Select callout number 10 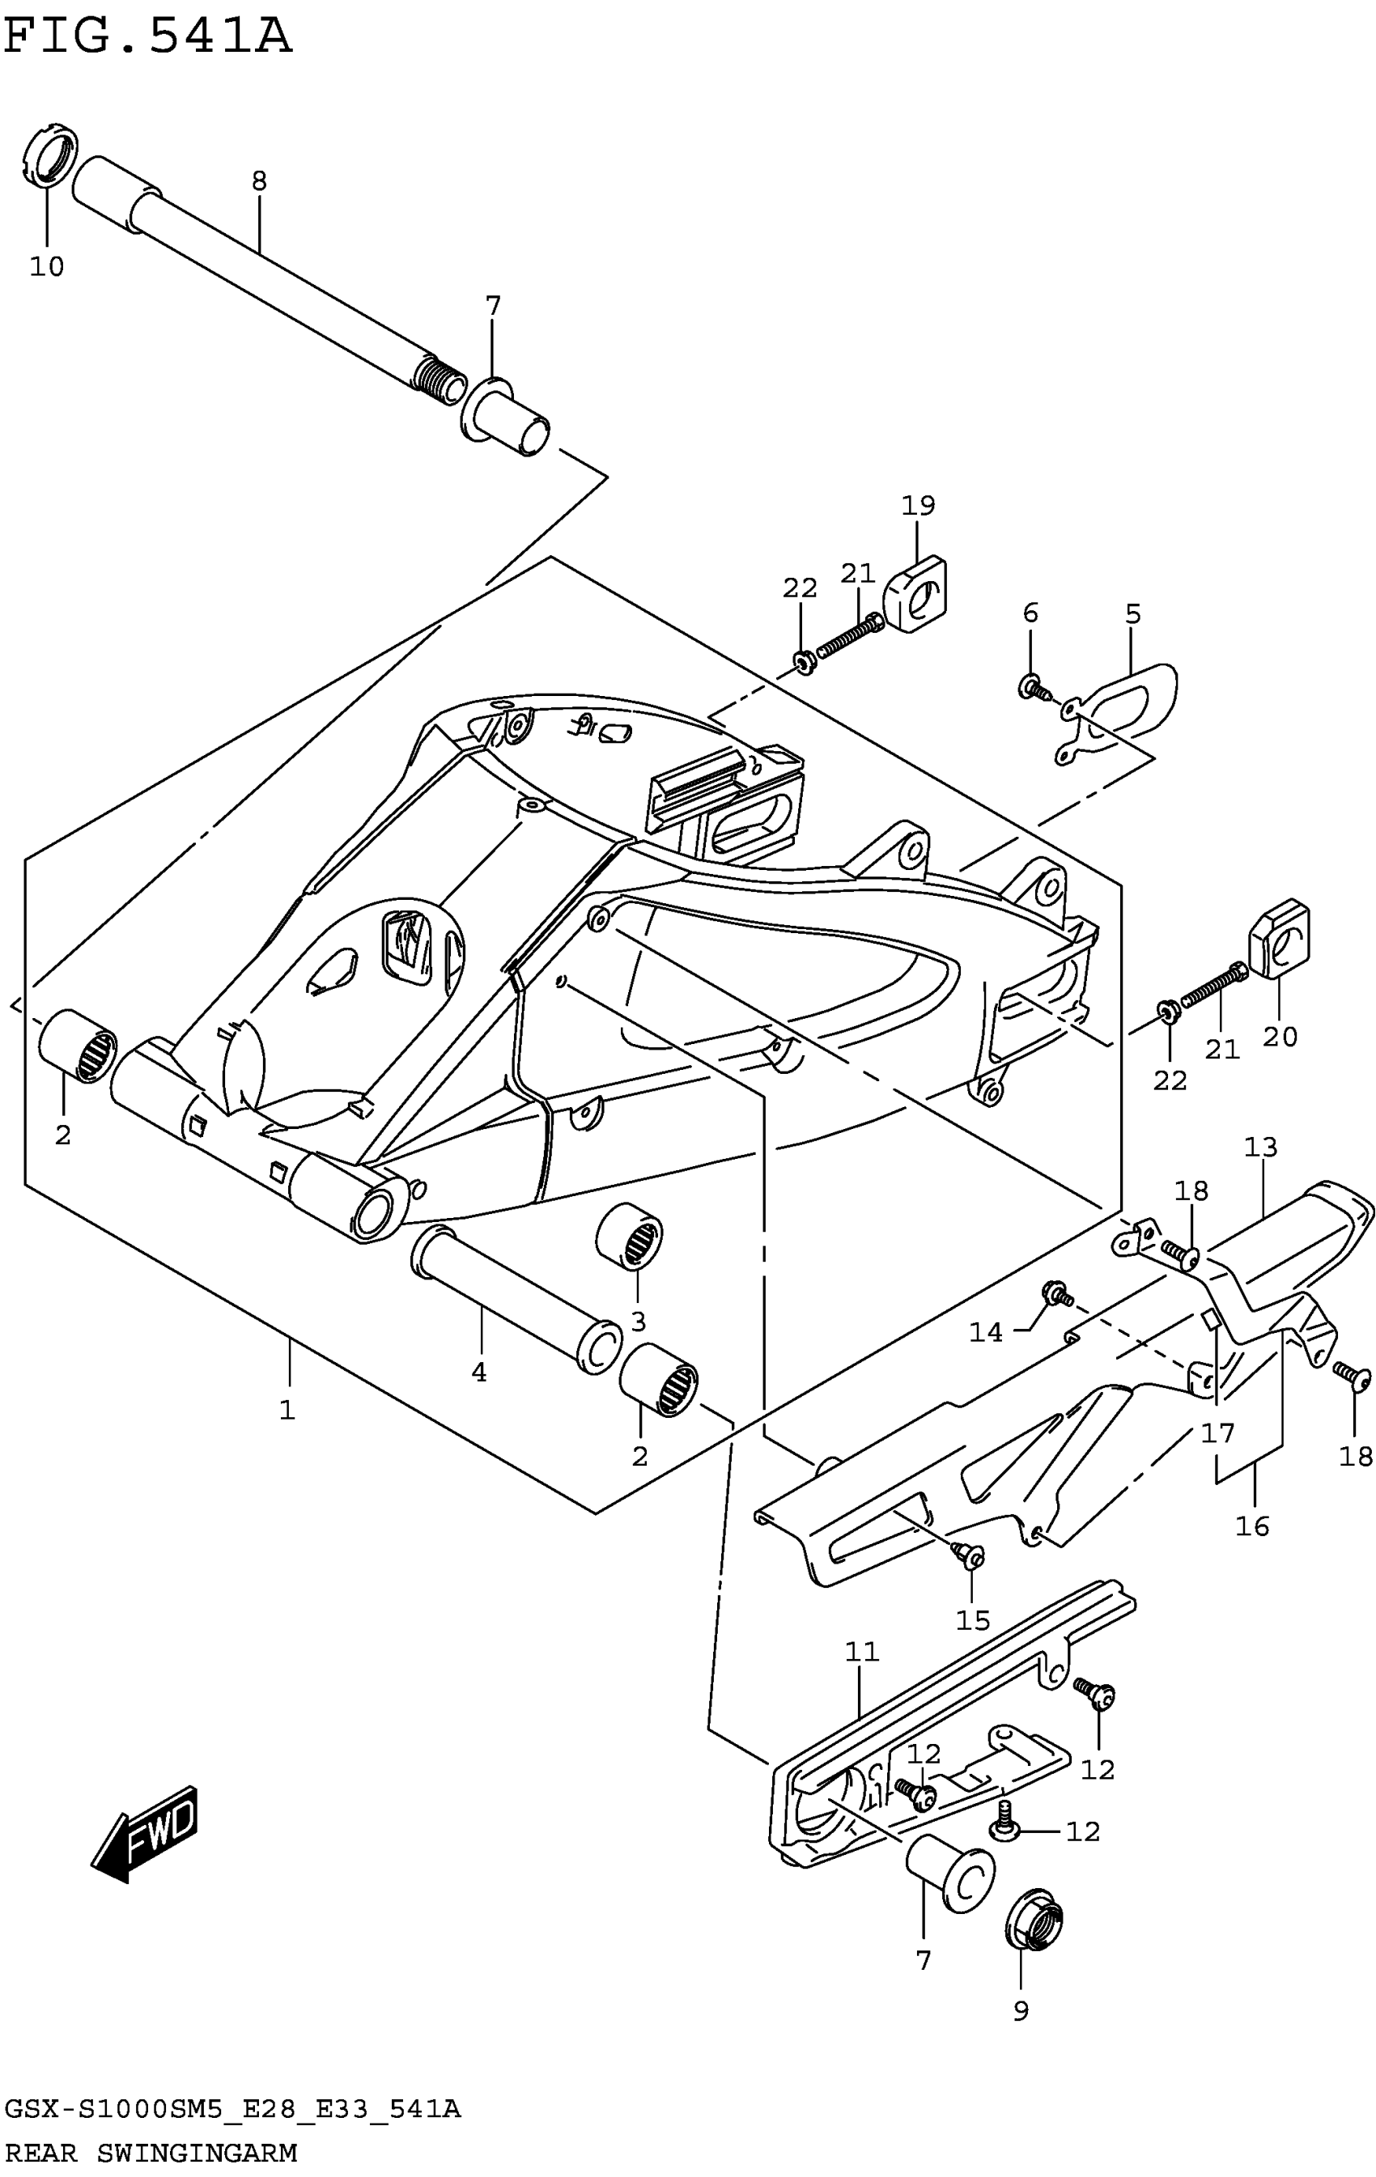[47, 267]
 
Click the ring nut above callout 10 [49, 155]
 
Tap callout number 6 [1030, 613]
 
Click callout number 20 [1279, 1036]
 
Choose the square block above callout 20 [1279, 940]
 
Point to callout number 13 [1260, 1148]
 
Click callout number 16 [1252, 1527]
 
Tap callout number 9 [1021, 2012]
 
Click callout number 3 [639, 1322]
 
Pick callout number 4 [479, 1373]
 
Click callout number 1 [287, 1410]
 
